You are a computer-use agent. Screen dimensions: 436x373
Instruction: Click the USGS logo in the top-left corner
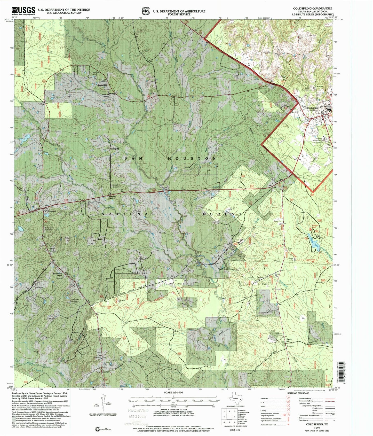point(23,11)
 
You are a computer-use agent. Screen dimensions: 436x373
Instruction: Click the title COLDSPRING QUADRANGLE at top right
point(313,9)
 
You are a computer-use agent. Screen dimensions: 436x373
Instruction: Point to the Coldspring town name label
point(312,108)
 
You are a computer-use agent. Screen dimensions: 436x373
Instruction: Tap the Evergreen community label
point(52,211)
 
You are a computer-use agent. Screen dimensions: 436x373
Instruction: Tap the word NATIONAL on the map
point(128,214)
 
